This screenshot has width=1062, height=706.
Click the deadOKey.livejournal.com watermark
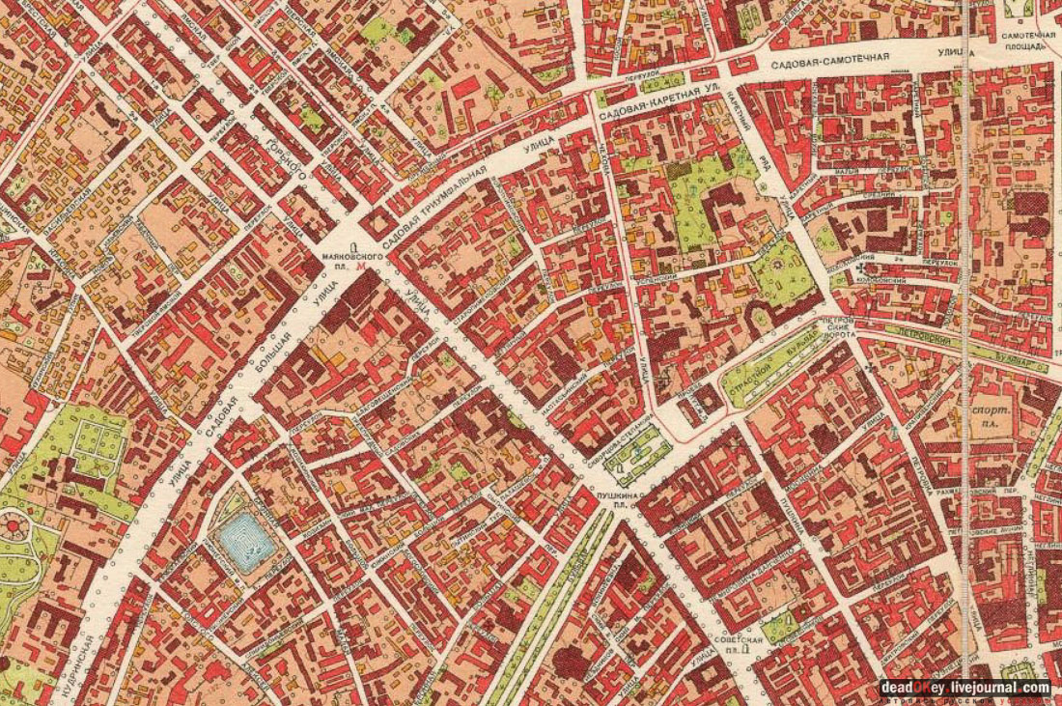point(964,688)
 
